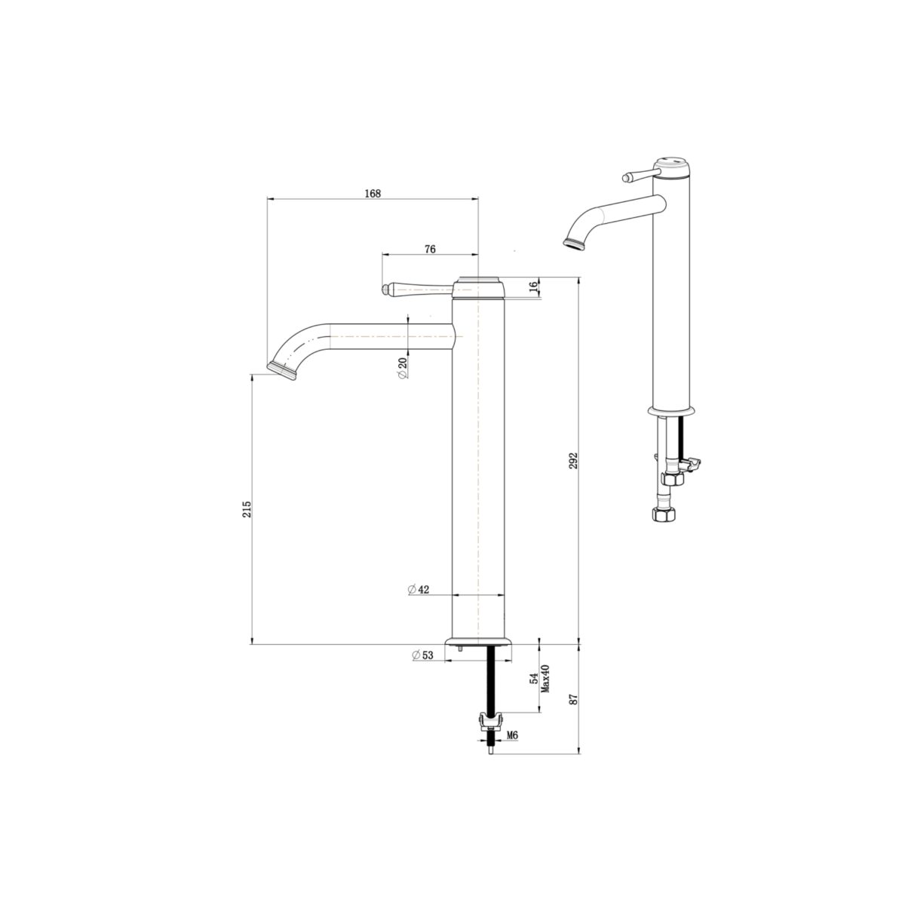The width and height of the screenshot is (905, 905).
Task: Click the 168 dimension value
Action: [373, 193]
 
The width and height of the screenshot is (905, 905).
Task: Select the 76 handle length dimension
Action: [430, 249]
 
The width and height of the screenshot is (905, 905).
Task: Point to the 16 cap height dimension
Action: [533, 287]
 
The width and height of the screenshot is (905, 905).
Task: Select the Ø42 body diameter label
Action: [419, 590]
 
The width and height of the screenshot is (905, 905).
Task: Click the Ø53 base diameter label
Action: [423, 655]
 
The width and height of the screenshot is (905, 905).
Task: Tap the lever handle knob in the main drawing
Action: [388, 288]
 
